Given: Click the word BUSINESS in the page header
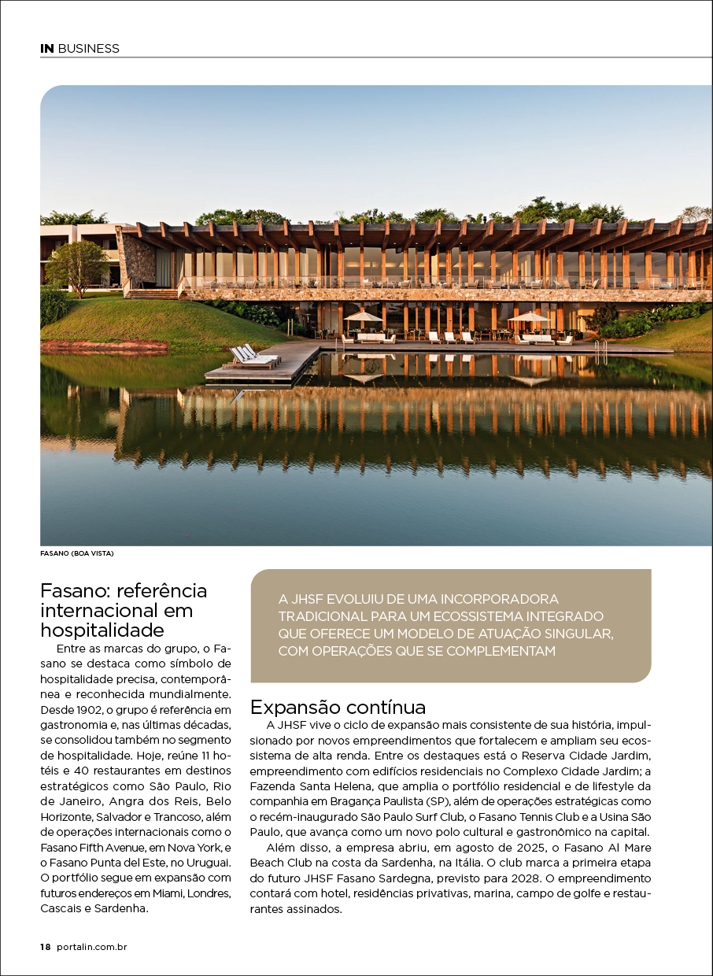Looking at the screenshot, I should click(x=88, y=49).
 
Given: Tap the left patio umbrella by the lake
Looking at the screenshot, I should click(x=363, y=316).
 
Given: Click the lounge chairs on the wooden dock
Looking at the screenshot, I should click(x=254, y=357).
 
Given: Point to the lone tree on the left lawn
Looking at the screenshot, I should click(x=76, y=264).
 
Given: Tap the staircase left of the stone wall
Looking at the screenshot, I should click(x=152, y=294).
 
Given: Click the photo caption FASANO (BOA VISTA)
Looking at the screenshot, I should click(x=77, y=553).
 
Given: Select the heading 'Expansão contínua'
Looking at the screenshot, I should click(x=338, y=706).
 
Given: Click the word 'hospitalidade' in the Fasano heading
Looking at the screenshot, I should click(x=102, y=630).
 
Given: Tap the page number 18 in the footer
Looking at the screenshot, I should click(x=45, y=947).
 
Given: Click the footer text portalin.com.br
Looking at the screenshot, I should click(x=92, y=947).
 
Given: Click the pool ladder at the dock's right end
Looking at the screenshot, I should click(x=600, y=346).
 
